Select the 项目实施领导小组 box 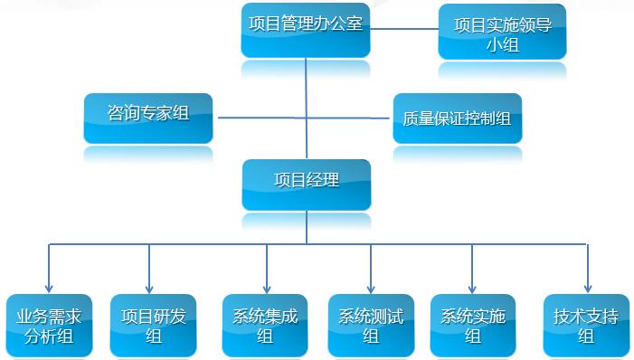pos(502,32)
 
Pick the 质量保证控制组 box pos(458,118)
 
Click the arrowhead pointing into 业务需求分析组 pos(49,287)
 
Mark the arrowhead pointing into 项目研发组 pos(149,287)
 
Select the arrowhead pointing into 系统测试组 pos(371,287)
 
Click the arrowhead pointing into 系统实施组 pos(472,287)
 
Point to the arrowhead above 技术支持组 pos(587,287)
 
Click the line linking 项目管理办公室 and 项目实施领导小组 pos(403,28)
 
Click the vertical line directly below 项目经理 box pos(307,228)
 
